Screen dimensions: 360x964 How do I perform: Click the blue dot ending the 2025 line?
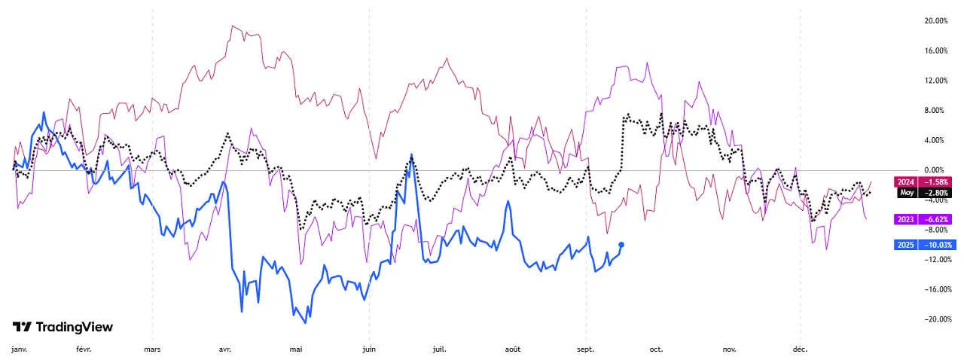coord(621,244)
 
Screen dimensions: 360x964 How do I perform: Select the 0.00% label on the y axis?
coord(935,170)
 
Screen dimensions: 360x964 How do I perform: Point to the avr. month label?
coord(224,349)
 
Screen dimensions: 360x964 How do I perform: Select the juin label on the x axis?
coord(369,349)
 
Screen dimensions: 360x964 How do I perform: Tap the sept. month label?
coord(585,349)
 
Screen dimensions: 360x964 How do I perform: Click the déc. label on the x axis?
coord(800,349)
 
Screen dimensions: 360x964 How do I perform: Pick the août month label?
coord(513,349)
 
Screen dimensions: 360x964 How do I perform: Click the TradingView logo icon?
coord(22,327)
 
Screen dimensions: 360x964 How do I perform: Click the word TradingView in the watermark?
coord(75,327)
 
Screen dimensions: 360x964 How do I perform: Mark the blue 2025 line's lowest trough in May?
coord(305,323)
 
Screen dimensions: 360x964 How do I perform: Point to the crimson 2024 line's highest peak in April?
coord(233,26)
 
